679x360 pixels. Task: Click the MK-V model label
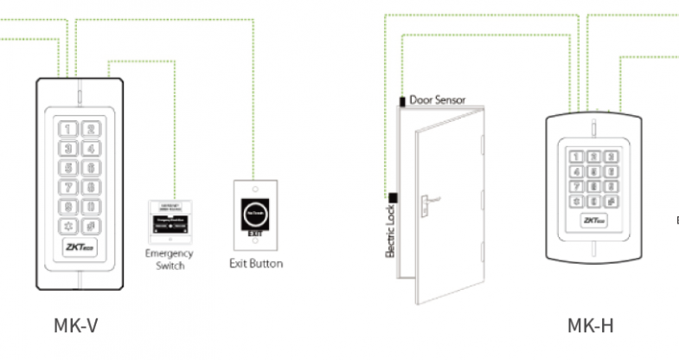[x=76, y=325]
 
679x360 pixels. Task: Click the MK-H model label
[x=591, y=325]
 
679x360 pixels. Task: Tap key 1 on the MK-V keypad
[x=68, y=130]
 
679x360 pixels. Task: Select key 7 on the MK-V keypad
[x=68, y=188]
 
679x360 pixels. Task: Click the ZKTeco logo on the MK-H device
[x=595, y=221]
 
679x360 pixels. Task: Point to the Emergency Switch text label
[x=170, y=260]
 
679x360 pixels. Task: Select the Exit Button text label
[x=255, y=263]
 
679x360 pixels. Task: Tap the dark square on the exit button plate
[x=255, y=212]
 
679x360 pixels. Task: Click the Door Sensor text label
[x=438, y=100]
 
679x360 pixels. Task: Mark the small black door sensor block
[x=401, y=100]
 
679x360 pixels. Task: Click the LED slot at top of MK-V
[x=78, y=94]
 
